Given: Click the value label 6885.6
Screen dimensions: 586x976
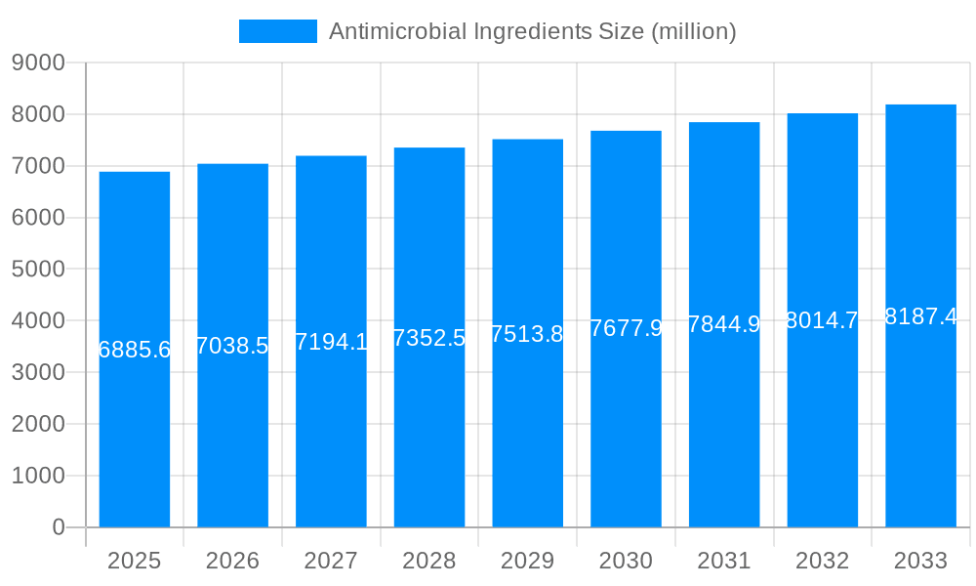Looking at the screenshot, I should (x=135, y=350).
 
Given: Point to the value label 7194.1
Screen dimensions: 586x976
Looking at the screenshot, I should (x=331, y=342).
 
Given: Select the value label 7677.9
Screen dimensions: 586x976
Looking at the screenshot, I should (x=626, y=328).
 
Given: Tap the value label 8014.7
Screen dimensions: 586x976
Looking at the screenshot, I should (x=822, y=320).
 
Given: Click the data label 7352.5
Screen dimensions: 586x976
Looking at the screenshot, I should (x=429, y=338).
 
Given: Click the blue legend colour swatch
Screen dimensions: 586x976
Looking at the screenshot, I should (x=278, y=31).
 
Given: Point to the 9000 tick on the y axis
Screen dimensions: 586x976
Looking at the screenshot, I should (x=38, y=63).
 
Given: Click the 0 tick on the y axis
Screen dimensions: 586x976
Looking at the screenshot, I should (x=58, y=527).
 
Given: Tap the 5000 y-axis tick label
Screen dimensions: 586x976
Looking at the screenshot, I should (x=38, y=270).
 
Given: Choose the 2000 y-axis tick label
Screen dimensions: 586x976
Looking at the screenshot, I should (x=38, y=424).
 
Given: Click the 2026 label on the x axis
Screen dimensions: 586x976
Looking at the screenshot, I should (x=232, y=561).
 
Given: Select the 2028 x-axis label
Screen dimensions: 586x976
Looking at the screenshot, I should (x=429, y=561).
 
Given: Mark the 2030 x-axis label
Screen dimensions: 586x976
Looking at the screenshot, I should (x=626, y=561).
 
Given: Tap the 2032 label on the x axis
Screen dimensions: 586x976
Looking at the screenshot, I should (x=822, y=561).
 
